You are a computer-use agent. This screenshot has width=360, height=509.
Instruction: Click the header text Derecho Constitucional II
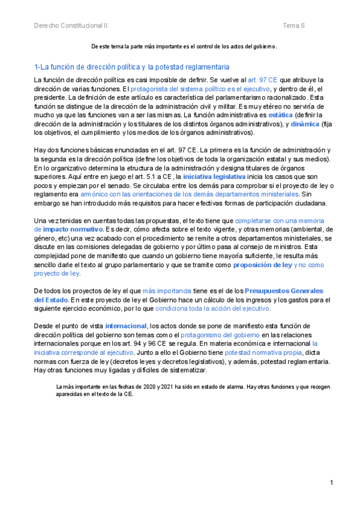coord(71,26)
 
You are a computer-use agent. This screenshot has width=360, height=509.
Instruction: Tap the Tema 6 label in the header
coord(294,26)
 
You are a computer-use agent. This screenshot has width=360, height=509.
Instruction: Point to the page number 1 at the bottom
coord(331,483)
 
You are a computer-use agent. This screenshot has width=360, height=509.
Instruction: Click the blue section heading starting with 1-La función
coord(131,67)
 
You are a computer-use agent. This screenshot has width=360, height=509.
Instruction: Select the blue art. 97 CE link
coord(263,80)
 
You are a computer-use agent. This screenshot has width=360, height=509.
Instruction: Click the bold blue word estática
coord(281,115)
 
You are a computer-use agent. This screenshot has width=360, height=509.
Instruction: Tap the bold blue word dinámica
coord(305,124)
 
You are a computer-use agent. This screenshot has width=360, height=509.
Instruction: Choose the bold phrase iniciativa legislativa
coord(214,160)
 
